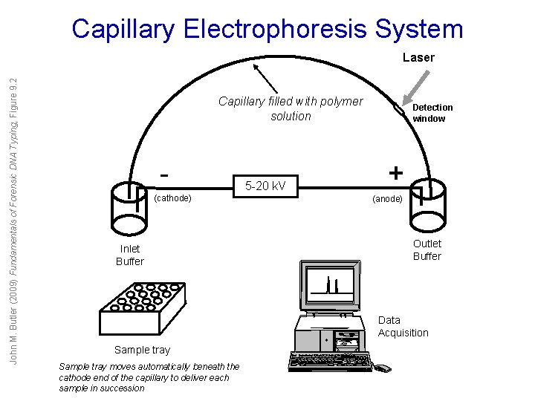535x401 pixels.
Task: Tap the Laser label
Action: [418, 57]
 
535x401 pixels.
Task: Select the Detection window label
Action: [432, 113]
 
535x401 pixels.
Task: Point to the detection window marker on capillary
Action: [400, 111]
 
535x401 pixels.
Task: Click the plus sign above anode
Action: [396, 173]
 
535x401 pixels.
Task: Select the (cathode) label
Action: [172, 198]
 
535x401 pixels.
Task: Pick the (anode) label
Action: [388, 199]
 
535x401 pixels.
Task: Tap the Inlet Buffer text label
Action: [129, 255]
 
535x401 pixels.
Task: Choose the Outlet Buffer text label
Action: [427, 250]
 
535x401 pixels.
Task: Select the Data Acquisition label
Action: [403, 327]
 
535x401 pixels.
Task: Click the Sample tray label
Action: [142, 350]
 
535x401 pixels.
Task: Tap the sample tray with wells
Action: [142, 308]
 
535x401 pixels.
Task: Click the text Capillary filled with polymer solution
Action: [291, 108]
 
